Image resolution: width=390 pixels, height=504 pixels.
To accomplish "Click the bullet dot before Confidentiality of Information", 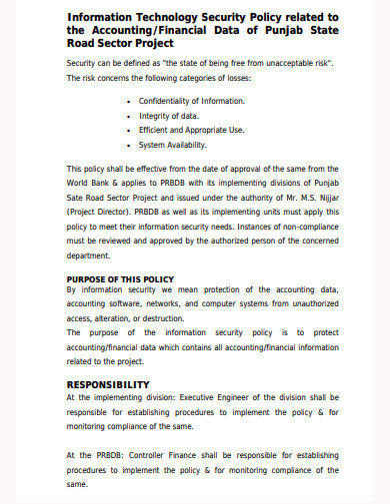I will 131,101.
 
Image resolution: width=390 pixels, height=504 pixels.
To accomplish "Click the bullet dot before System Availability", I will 131,143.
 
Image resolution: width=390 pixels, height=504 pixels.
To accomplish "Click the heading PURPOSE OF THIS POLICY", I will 120,278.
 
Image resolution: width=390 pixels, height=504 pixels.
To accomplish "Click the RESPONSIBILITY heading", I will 108,384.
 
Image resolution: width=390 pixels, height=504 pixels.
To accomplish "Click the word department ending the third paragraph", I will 88,254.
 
